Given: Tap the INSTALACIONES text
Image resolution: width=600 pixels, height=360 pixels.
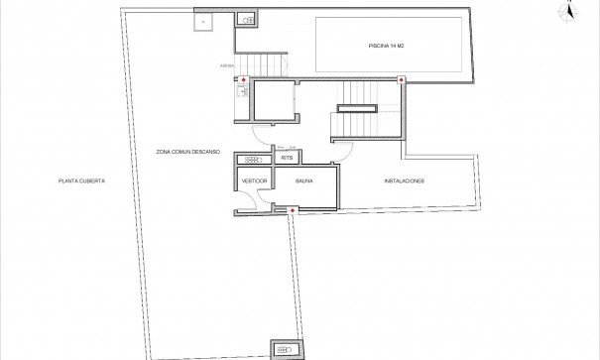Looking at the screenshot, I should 405,181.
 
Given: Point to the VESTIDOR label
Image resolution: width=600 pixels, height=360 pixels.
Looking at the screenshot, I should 253,181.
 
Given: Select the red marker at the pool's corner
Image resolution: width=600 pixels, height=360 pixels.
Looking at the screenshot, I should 400,80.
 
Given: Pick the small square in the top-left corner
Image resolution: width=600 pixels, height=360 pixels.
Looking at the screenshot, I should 204,19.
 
